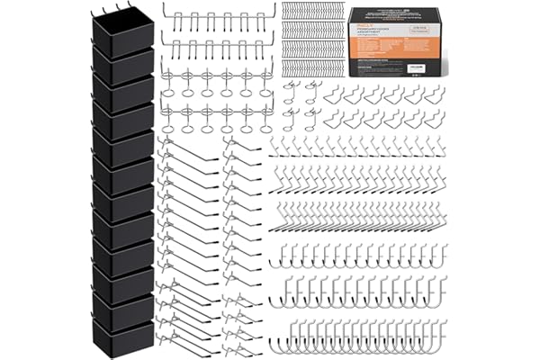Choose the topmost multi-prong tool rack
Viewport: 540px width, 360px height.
click(217, 19)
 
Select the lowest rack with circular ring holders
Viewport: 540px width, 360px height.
click(217, 118)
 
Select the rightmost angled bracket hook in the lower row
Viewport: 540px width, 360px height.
click(436, 120)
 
